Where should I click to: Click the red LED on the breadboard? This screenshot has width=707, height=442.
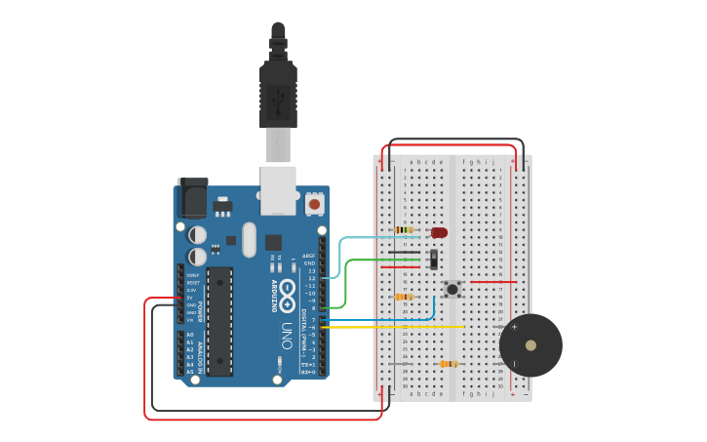[439, 232]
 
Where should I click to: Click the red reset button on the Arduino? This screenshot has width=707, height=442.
[314, 204]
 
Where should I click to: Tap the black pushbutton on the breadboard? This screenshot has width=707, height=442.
[452, 289]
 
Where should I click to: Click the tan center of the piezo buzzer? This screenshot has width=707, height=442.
[530, 345]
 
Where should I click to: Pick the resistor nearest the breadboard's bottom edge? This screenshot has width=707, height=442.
[448, 364]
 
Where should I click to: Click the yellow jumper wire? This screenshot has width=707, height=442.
[410, 327]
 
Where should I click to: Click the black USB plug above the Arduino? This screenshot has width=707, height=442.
[278, 93]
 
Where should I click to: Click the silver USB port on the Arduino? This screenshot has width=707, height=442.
[278, 190]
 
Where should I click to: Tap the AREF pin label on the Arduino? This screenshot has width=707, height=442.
[308, 256]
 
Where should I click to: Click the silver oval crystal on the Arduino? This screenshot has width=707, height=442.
[249, 240]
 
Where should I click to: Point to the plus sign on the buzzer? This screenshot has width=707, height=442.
[514, 327]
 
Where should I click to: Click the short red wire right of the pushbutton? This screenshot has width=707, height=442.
[492, 282]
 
